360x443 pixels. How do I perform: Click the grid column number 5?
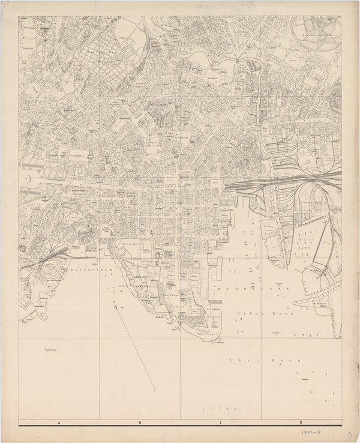[59, 423]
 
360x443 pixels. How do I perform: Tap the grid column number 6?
[140, 423]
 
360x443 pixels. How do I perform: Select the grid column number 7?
[220, 423]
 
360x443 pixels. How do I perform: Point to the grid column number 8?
[301, 423]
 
